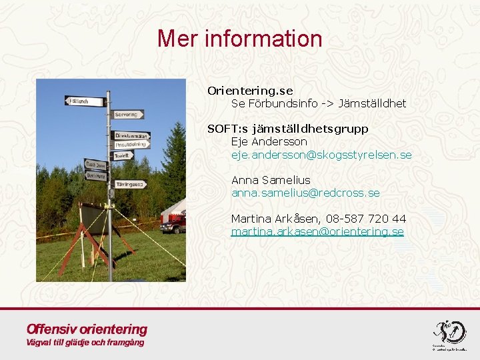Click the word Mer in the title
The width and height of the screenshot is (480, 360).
(x=178, y=39)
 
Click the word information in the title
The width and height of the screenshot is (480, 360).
(x=263, y=39)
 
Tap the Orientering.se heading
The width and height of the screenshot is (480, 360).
(x=250, y=91)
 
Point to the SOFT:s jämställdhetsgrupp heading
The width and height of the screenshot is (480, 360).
(x=288, y=129)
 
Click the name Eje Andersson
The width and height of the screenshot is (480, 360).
(x=269, y=141)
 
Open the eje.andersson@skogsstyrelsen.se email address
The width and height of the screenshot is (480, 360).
(x=321, y=155)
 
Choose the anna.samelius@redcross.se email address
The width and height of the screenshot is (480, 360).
(x=305, y=193)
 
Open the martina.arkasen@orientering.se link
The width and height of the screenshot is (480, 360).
(x=317, y=231)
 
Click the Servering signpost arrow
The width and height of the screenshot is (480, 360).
(x=128, y=115)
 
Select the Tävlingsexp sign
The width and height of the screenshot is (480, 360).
(x=131, y=184)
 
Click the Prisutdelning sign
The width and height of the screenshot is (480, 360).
(x=131, y=145)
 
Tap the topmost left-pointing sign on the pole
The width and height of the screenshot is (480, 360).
(x=86, y=101)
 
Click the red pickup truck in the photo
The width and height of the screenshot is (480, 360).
(x=172, y=224)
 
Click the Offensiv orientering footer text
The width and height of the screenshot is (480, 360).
(x=87, y=329)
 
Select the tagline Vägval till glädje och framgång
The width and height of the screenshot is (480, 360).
(x=85, y=343)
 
